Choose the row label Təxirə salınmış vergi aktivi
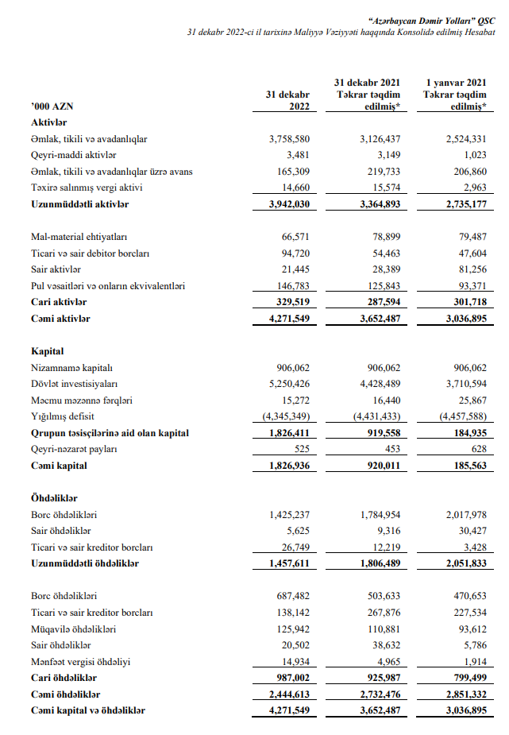87,188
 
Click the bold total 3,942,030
289,204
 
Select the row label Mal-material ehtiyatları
79,237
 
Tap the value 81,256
469,269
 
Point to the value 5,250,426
289,384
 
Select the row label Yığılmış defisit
64,416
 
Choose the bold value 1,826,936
289,465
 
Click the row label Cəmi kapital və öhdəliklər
88,710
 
